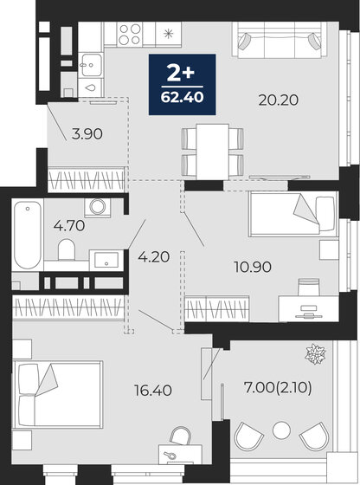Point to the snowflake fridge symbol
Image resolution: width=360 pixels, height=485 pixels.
tap(167, 35)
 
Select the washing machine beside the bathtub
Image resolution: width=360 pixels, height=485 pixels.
tap(96, 208)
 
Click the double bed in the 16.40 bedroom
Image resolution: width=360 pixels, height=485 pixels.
tap(57, 392)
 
